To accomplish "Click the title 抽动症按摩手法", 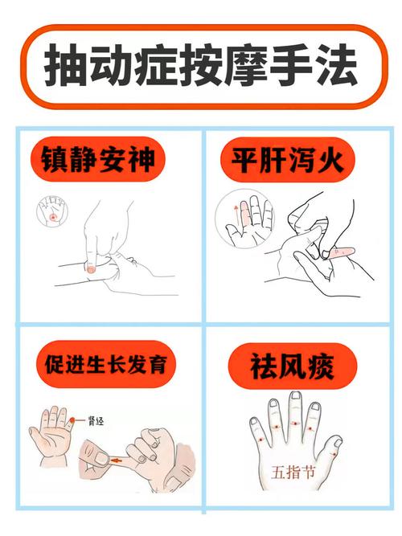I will tap(200, 66).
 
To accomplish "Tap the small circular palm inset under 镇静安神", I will tap(54, 215).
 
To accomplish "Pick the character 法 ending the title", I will tap(334, 66).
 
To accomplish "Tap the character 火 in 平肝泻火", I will tap(333, 160).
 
